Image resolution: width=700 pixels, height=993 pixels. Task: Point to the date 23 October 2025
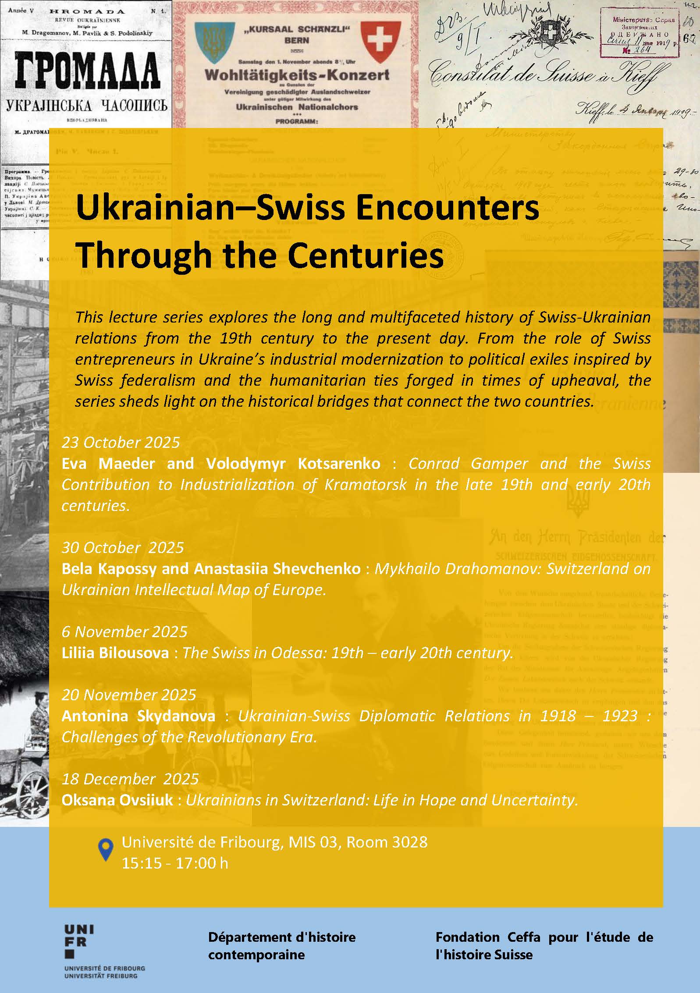tap(121, 442)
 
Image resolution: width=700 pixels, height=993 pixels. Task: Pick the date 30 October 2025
tap(123, 547)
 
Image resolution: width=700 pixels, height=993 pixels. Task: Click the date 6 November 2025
tap(124, 631)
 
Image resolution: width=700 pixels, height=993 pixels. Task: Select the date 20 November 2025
tap(129, 695)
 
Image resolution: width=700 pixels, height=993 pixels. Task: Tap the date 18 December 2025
tap(130, 779)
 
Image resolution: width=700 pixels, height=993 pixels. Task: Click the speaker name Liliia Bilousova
tap(115, 653)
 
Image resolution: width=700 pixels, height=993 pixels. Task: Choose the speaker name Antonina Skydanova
tap(139, 716)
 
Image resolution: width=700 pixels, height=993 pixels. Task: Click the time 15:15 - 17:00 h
tap(175, 863)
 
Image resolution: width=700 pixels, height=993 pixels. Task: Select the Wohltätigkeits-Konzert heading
tap(297, 75)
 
